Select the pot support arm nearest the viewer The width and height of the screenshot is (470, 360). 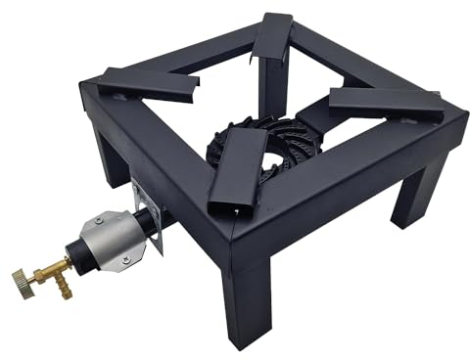[233, 182]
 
